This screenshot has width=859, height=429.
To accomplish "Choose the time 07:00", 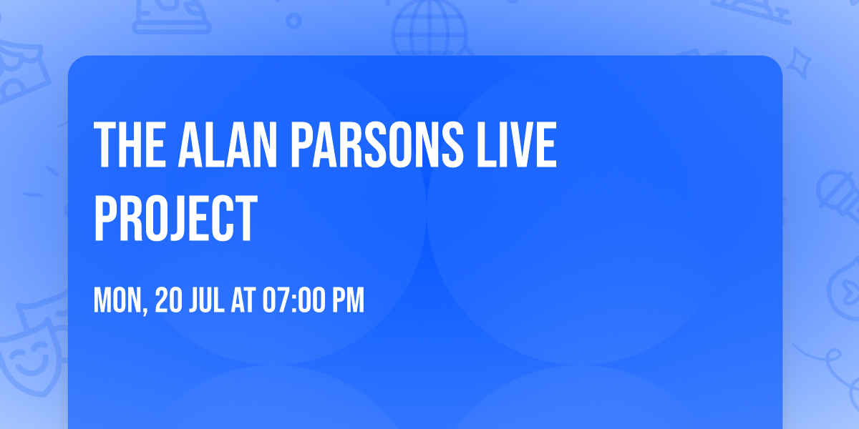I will pyautogui.click(x=293, y=301).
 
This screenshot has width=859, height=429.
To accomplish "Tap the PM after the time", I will pyautogui.click(x=349, y=301).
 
